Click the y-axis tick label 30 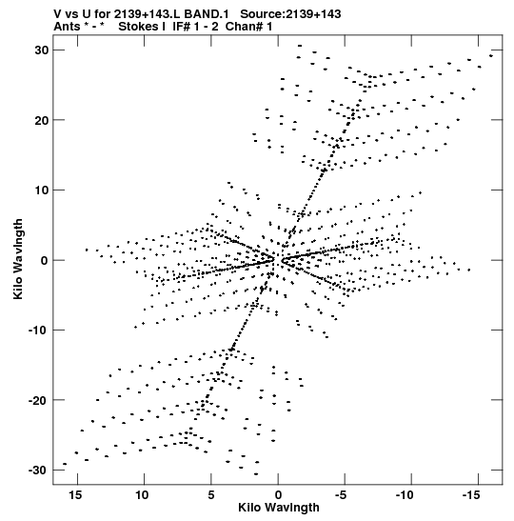[x=41, y=50]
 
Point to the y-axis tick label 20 [x=41, y=120]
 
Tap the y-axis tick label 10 [x=41, y=190]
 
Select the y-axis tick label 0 [x=45, y=260]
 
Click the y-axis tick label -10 [x=38, y=331]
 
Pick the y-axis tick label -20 [x=38, y=400]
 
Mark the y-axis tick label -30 [x=38, y=471]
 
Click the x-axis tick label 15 [x=75, y=495]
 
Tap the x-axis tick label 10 [x=142, y=495]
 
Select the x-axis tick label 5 [x=211, y=495]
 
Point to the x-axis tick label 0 [x=278, y=495]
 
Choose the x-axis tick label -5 [x=341, y=495]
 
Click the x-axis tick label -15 [x=471, y=495]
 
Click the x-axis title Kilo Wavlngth [x=279, y=508]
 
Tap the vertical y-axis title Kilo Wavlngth [x=18, y=259]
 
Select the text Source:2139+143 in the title [x=290, y=14]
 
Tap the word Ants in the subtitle [x=67, y=27]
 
